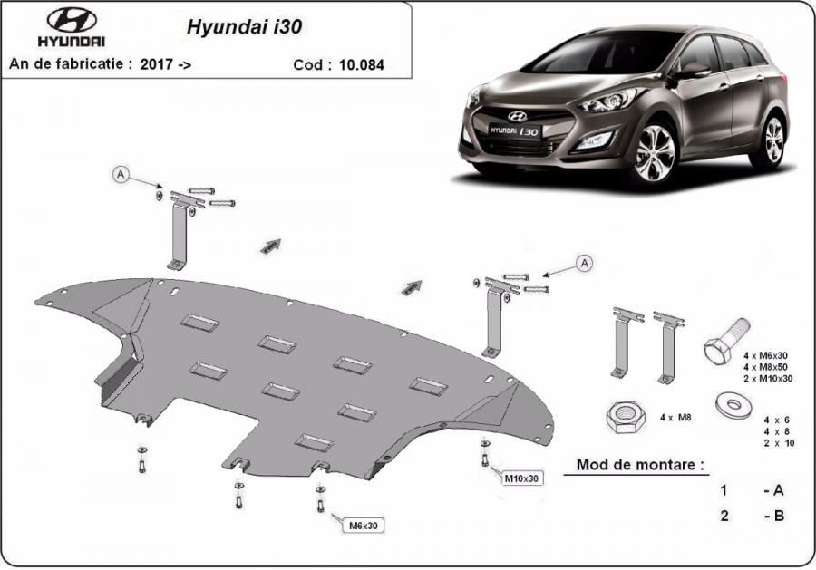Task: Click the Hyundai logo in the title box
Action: [72, 27]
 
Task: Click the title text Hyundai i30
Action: [244, 27]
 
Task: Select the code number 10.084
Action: [362, 65]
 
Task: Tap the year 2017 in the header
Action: [157, 64]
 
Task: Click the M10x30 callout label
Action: [522, 478]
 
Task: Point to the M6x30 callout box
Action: [364, 526]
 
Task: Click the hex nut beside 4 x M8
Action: [626, 417]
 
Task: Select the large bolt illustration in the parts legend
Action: [726, 340]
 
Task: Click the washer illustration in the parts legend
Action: [733, 404]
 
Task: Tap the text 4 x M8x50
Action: [765, 367]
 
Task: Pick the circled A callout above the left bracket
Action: [121, 175]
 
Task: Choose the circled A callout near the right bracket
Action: [585, 263]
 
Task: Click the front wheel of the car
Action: [656, 153]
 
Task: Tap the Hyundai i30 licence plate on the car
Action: [514, 130]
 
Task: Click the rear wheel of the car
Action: [773, 140]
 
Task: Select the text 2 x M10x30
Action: [768, 379]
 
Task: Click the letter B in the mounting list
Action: [778, 516]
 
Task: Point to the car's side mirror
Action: [695, 70]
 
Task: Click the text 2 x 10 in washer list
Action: [780, 443]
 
